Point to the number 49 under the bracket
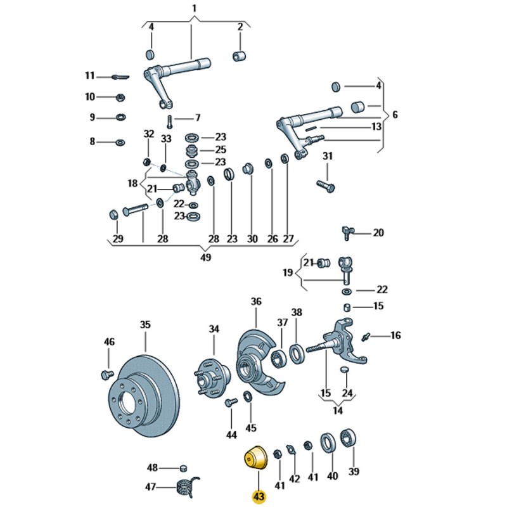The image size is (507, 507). point(205,258)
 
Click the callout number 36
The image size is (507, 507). point(255,302)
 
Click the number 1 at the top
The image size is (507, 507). point(195,8)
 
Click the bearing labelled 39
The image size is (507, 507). point(349,438)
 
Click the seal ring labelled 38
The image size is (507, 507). point(296,352)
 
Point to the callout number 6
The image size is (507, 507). point(395,115)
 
